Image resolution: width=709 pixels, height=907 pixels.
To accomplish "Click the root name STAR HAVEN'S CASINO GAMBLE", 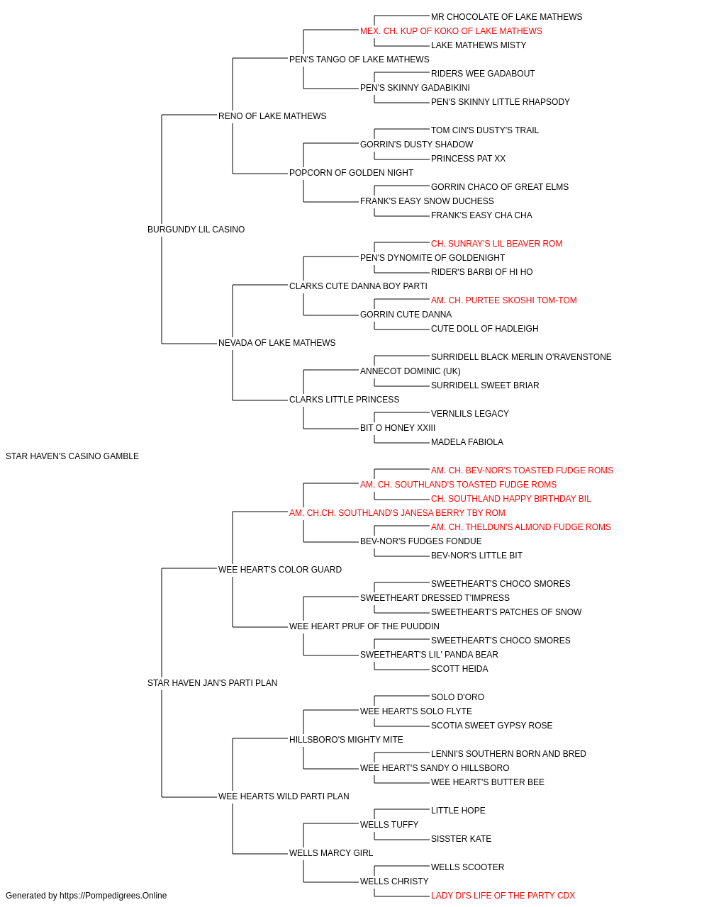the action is click(72, 456).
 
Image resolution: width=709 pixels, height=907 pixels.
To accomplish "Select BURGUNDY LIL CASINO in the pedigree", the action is click(196, 230).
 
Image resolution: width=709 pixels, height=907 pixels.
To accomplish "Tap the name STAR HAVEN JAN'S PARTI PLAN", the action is click(212, 683).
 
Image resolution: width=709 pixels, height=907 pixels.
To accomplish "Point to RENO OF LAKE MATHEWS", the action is click(272, 116).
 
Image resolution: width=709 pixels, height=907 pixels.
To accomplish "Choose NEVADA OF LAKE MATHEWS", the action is click(277, 343).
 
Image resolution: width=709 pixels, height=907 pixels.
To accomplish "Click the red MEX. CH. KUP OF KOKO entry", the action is click(451, 31).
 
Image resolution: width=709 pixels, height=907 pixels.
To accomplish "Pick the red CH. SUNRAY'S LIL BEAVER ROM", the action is click(496, 243).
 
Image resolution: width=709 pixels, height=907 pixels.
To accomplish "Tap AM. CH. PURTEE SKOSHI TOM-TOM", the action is click(503, 300).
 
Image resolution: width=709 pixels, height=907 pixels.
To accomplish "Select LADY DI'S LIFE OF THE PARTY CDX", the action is click(503, 896).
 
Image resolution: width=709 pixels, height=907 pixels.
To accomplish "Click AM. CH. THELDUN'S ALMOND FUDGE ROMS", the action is click(520, 527).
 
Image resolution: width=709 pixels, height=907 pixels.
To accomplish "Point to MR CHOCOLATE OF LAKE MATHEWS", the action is click(506, 17).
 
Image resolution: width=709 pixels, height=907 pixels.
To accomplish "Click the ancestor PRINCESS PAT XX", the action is click(468, 159).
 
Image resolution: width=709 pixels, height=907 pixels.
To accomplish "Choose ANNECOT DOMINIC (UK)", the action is click(410, 371).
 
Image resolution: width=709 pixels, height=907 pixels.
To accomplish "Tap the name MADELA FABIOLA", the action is click(467, 442).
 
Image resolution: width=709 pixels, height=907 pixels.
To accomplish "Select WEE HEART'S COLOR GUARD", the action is click(280, 570).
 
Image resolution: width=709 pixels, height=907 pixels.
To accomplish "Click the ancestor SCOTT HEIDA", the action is click(459, 669).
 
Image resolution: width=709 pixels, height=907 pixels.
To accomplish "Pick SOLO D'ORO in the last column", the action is click(457, 697).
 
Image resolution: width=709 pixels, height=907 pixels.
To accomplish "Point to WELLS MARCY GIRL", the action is click(331, 852).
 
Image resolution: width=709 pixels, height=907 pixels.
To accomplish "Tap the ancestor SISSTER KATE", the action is click(461, 838).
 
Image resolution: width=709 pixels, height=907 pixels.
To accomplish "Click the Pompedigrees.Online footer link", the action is click(113, 896).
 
